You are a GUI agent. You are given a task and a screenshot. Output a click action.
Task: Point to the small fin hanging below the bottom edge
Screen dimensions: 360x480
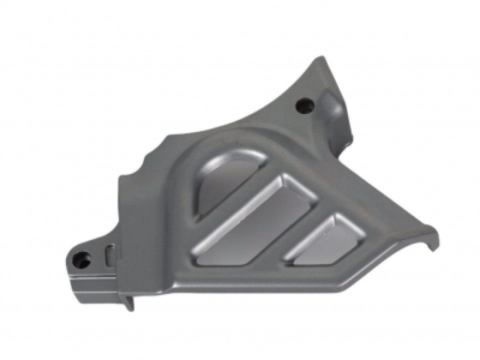click(129, 302)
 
